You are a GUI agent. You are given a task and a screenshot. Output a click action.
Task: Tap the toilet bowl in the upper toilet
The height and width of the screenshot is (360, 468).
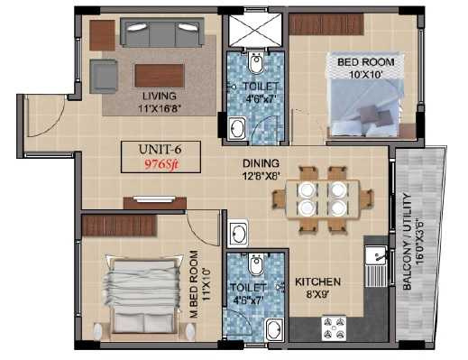(x=256, y=63)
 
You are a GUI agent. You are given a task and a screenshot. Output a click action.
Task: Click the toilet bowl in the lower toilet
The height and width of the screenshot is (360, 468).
(x=255, y=264)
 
